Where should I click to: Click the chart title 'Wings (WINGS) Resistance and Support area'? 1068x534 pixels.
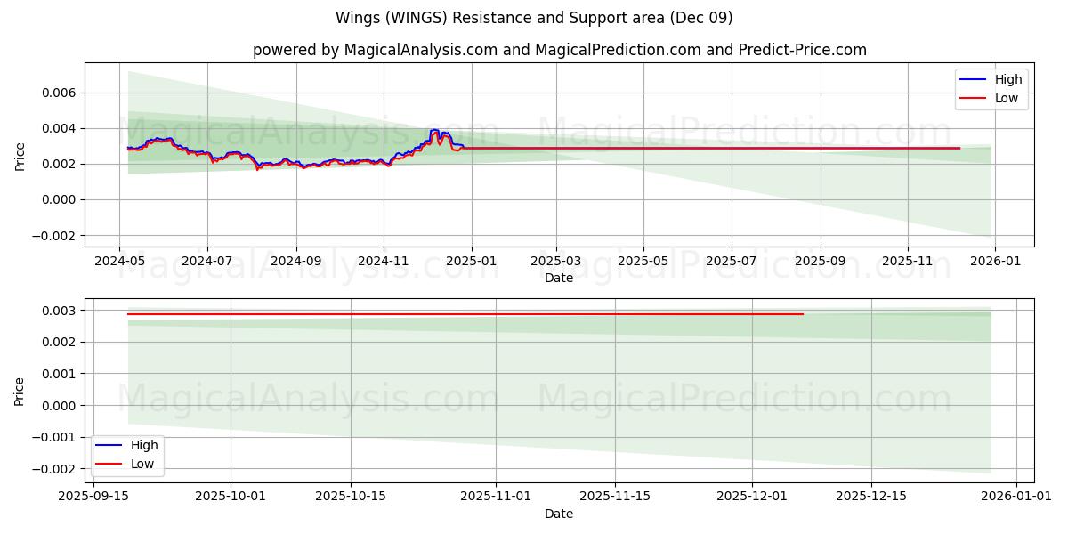click(534, 18)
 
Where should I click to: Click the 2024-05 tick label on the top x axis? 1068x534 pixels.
click(120, 263)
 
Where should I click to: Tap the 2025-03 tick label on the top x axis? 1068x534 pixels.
click(556, 263)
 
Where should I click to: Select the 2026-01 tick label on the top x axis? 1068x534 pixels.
click(994, 263)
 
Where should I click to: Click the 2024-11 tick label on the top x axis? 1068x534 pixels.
click(384, 263)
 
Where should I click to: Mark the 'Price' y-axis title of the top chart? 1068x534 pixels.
click(20, 155)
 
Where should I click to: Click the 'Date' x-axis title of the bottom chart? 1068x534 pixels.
click(559, 514)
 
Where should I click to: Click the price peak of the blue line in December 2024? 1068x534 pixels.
click(434, 130)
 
